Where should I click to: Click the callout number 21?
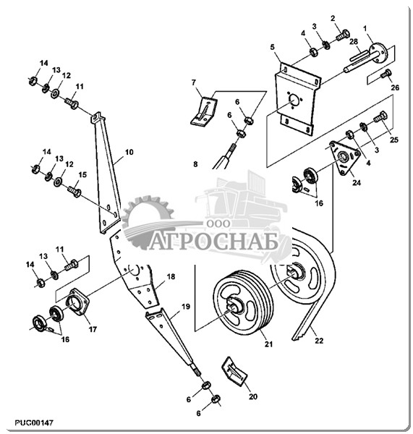[x=268, y=344]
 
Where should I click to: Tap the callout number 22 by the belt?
[x=319, y=341]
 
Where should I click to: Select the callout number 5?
[x=273, y=47]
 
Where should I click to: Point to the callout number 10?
[x=129, y=152]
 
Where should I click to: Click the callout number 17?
[x=93, y=329]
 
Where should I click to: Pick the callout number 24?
[x=357, y=182]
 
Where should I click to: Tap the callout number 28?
[x=354, y=41]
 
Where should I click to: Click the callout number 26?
[x=395, y=88]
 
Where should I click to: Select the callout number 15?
[x=82, y=174]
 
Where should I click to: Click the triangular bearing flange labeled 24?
[x=344, y=157]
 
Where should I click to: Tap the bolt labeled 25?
[x=380, y=117]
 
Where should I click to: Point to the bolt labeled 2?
[x=343, y=35]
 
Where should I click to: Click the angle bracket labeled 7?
[x=203, y=111]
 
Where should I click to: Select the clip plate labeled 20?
[x=234, y=371]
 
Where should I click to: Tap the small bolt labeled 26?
[x=386, y=74]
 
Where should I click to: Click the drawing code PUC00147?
[x=33, y=423]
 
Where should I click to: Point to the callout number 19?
[x=186, y=307]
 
